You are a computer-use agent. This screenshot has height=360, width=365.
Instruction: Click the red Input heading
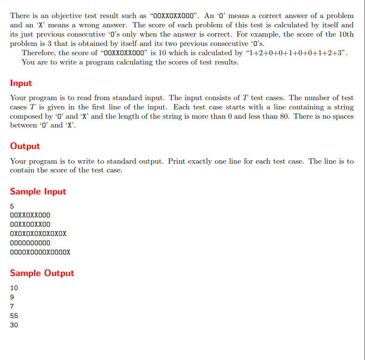(x=21, y=83)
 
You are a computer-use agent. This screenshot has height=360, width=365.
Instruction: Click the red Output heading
(x=25, y=146)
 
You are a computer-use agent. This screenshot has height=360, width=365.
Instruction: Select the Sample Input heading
(x=38, y=191)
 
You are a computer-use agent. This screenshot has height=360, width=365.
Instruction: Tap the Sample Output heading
(x=42, y=273)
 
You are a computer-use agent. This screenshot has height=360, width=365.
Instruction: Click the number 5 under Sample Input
(x=12, y=206)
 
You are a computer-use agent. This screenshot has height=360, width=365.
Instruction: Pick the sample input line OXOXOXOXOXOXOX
(x=38, y=233)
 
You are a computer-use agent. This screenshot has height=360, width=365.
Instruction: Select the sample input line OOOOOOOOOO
(x=30, y=243)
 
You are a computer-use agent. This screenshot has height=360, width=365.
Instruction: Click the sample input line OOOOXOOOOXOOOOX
(x=40, y=252)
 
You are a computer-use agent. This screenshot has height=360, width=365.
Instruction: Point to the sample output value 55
(x=14, y=316)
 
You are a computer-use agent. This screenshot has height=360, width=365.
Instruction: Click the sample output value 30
(x=14, y=325)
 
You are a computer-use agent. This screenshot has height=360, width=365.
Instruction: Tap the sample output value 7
(x=12, y=306)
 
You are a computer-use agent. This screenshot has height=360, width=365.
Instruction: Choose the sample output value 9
(x=12, y=297)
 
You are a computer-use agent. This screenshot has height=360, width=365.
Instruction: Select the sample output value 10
(x=14, y=288)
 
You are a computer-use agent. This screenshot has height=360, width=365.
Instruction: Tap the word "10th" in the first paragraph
(x=344, y=34)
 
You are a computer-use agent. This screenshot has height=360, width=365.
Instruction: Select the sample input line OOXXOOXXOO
(x=30, y=224)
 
